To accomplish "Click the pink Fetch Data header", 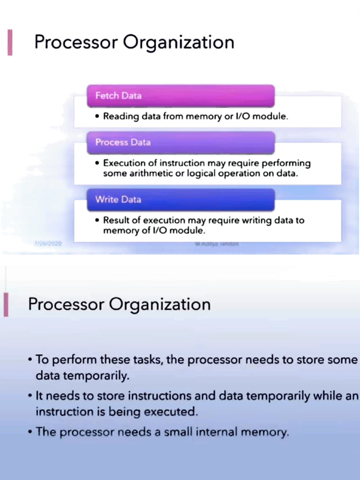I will click(x=180, y=96).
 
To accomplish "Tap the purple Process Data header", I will click(x=180, y=142).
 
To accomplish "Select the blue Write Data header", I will click(x=180, y=199).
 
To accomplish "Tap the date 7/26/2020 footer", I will click(x=48, y=244).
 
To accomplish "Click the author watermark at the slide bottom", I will click(x=216, y=244).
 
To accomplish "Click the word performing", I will click(x=286, y=163).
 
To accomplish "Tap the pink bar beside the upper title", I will click(x=10, y=43).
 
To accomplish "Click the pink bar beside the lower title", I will click(x=6, y=305).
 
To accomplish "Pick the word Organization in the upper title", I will click(x=179, y=43).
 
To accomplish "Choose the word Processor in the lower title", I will click(x=66, y=305).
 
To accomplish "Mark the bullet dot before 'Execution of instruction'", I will click(x=97, y=164).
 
